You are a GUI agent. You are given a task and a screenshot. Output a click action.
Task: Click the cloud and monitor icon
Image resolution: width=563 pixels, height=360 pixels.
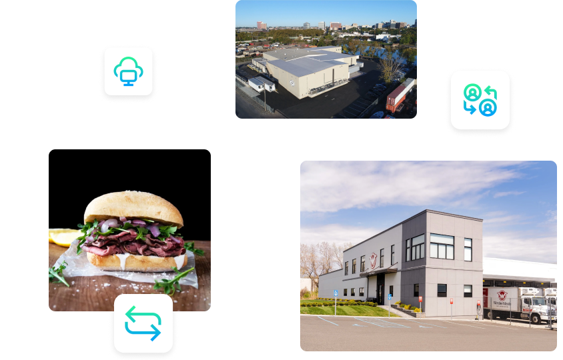(129, 70)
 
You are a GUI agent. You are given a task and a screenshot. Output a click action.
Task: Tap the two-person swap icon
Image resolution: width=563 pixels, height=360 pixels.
(480, 99)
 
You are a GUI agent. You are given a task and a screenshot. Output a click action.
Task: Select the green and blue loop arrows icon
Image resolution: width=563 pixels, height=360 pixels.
(143, 323)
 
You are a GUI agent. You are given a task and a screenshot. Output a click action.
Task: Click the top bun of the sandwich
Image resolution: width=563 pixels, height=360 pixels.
(133, 207)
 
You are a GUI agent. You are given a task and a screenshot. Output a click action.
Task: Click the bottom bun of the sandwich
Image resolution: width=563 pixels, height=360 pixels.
(133, 261)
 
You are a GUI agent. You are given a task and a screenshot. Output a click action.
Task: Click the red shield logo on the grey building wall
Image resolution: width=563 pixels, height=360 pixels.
(373, 259)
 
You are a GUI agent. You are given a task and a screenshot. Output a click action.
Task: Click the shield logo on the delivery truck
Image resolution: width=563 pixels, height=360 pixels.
(502, 295)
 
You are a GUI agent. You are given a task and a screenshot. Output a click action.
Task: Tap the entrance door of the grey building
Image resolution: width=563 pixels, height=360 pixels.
(380, 288)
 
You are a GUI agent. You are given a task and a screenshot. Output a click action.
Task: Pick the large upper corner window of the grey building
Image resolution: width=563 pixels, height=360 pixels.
(442, 246)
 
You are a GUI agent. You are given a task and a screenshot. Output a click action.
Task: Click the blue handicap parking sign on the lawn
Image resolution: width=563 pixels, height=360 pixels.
(334, 293)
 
